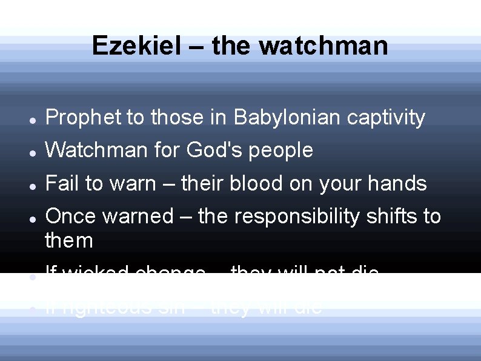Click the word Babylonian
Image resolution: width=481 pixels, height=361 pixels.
(287, 117)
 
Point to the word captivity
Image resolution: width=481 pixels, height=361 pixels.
(386, 117)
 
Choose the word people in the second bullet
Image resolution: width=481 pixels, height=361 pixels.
(282, 150)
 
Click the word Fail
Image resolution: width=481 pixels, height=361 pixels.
(61, 183)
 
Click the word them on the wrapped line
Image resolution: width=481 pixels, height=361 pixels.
(69, 240)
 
